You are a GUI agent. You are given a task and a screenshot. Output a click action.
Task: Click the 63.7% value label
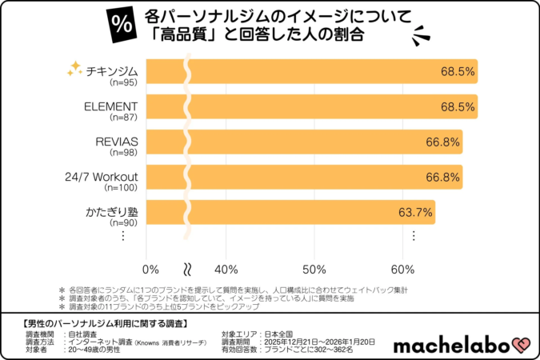coord(415,213)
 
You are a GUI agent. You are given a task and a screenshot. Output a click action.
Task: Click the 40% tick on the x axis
coord(228,268)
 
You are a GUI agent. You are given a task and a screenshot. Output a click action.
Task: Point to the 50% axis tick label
coord(315,268)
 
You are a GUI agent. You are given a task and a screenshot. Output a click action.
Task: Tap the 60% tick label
coord(402,268)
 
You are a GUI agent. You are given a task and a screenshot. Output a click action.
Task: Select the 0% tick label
coord(150,268)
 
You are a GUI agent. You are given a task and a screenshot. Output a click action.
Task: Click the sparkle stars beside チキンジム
coord(74,69)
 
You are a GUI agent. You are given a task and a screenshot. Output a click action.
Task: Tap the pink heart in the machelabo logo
coord(522,345)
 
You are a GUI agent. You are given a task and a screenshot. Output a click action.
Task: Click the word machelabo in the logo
coord(453,345)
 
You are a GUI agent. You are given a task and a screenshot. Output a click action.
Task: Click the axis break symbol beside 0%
coord(189,268)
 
